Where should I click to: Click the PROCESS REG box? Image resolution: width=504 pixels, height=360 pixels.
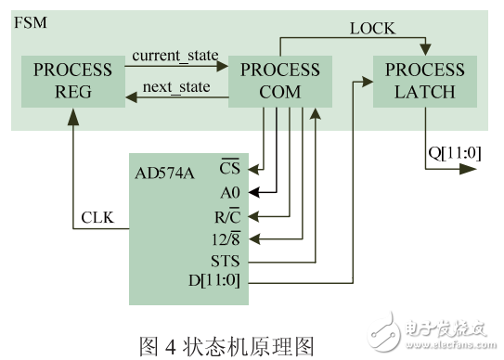tap(72, 81)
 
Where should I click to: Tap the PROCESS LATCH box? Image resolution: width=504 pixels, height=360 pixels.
tap(425, 81)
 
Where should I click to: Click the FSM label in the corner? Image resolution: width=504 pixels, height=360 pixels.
tap(26, 20)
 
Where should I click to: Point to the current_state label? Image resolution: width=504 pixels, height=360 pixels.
tap(174, 56)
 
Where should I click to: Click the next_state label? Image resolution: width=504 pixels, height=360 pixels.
tap(174, 88)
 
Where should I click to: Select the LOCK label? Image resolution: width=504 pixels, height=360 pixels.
tap(372, 29)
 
